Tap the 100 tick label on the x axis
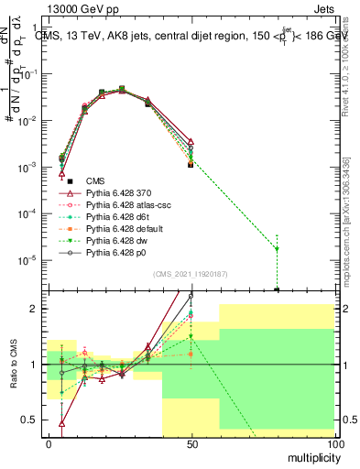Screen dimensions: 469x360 (335, 443)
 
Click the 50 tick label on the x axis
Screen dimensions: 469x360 (191, 443)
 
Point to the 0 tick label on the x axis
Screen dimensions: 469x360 (49, 443)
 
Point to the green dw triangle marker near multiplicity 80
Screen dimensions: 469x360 (277, 248)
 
